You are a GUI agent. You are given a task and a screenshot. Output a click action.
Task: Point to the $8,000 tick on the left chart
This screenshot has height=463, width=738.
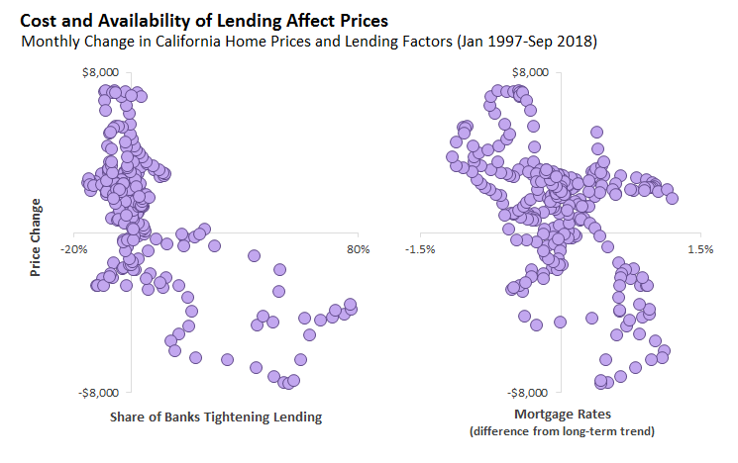click(100, 72)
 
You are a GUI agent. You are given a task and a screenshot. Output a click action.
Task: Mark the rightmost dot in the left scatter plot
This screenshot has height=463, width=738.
click(350, 304)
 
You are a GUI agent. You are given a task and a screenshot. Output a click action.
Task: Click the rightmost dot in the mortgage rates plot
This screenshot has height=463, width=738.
click(672, 198)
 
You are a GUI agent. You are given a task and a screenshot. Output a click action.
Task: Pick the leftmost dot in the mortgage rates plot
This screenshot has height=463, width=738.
click(452, 156)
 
